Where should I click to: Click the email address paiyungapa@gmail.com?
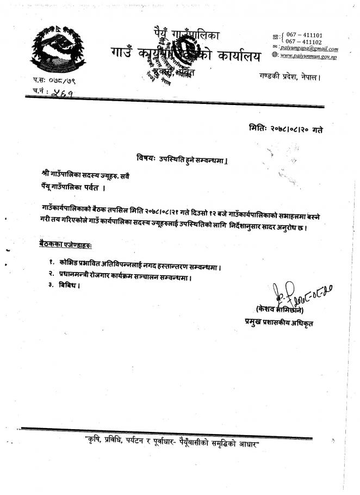coord(309,49)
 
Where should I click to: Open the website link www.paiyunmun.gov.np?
coord(308,57)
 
